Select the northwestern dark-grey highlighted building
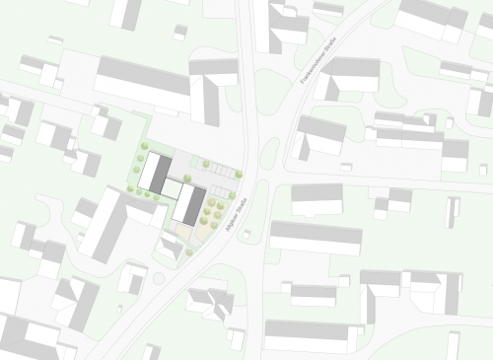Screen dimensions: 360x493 pos(154,172)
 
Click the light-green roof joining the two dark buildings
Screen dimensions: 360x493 pos(172,188)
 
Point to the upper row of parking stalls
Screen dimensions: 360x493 pos(221,172)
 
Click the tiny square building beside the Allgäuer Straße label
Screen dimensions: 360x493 pos(246,235)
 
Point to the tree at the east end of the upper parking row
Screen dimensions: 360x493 pos(238,173)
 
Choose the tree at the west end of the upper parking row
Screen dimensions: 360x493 pos(206,164)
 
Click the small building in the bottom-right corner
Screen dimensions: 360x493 pos(453,345)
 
